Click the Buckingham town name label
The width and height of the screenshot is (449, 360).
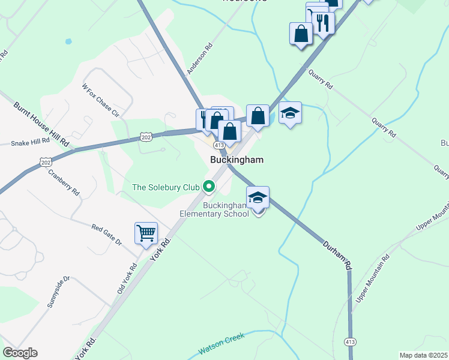[x=237, y=160]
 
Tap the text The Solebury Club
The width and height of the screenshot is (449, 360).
[x=166, y=188]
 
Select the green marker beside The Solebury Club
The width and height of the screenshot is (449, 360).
[x=209, y=187]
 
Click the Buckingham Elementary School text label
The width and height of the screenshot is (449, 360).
[x=225, y=209]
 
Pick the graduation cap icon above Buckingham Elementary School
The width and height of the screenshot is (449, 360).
[x=258, y=197]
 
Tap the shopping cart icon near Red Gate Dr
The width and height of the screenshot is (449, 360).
[x=146, y=233]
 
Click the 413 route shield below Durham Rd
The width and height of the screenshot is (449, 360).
[x=350, y=341]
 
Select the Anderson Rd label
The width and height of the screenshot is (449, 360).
[x=200, y=58]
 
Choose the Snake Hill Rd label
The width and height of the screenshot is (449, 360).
[x=30, y=142]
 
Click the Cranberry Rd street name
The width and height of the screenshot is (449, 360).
[x=64, y=182]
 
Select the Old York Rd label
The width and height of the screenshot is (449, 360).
[x=127, y=279]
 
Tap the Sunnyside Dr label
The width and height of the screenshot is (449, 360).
[x=58, y=292]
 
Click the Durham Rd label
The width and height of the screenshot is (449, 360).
[x=336, y=256]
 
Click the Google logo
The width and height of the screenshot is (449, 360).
[x=20, y=353]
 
